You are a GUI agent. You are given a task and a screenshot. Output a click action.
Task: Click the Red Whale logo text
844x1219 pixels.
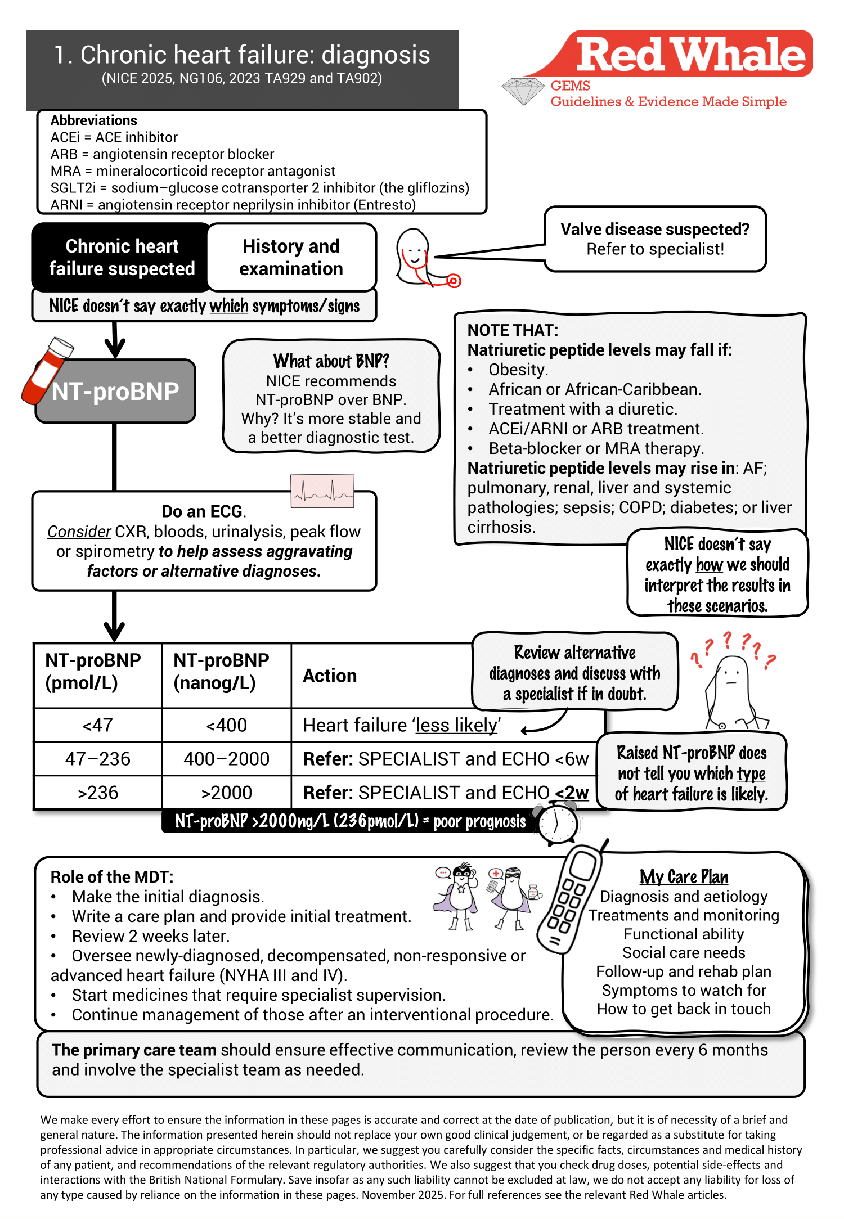point(691,55)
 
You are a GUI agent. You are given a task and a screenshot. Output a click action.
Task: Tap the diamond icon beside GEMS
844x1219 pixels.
point(523,91)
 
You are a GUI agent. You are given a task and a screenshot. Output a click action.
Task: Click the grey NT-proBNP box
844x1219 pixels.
point(116,392)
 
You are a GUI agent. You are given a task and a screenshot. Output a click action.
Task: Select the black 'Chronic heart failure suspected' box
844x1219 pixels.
point(122,258)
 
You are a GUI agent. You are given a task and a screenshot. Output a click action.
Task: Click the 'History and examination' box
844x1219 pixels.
point(291,258)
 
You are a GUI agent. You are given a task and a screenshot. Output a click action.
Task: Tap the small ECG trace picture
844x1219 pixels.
point(322,491)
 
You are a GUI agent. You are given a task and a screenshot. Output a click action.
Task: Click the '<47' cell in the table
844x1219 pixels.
point(97,725)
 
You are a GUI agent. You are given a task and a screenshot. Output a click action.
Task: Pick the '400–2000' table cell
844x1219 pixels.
point(226,759)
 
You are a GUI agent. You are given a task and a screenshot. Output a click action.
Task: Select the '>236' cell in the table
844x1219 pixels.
point(97,793)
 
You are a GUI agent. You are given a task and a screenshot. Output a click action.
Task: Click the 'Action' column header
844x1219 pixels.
point(330,676)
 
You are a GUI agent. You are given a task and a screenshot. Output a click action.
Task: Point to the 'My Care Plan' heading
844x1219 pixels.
point(684,877)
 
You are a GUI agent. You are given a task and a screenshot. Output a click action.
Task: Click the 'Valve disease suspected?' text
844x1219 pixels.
point(655,230)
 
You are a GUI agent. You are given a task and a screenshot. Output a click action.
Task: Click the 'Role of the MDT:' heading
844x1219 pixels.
point(112,877)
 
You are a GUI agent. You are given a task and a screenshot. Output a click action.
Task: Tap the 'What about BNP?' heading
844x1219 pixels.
point(331,361)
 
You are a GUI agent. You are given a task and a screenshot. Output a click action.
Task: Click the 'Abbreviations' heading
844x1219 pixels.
point(94,120)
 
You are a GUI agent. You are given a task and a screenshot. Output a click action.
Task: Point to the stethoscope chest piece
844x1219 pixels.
point(454,280)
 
